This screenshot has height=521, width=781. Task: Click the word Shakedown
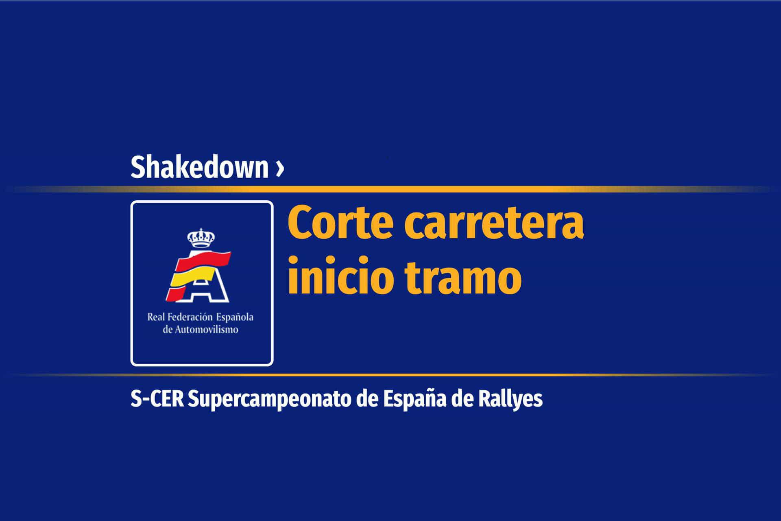[x=199, y=167]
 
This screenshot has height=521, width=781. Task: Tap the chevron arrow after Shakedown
[x=279, y=169]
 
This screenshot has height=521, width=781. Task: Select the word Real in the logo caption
[x=155, y=317]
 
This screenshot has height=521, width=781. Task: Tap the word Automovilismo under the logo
[x=206, y=330]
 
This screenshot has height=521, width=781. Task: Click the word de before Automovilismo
[x=167, y=330]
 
